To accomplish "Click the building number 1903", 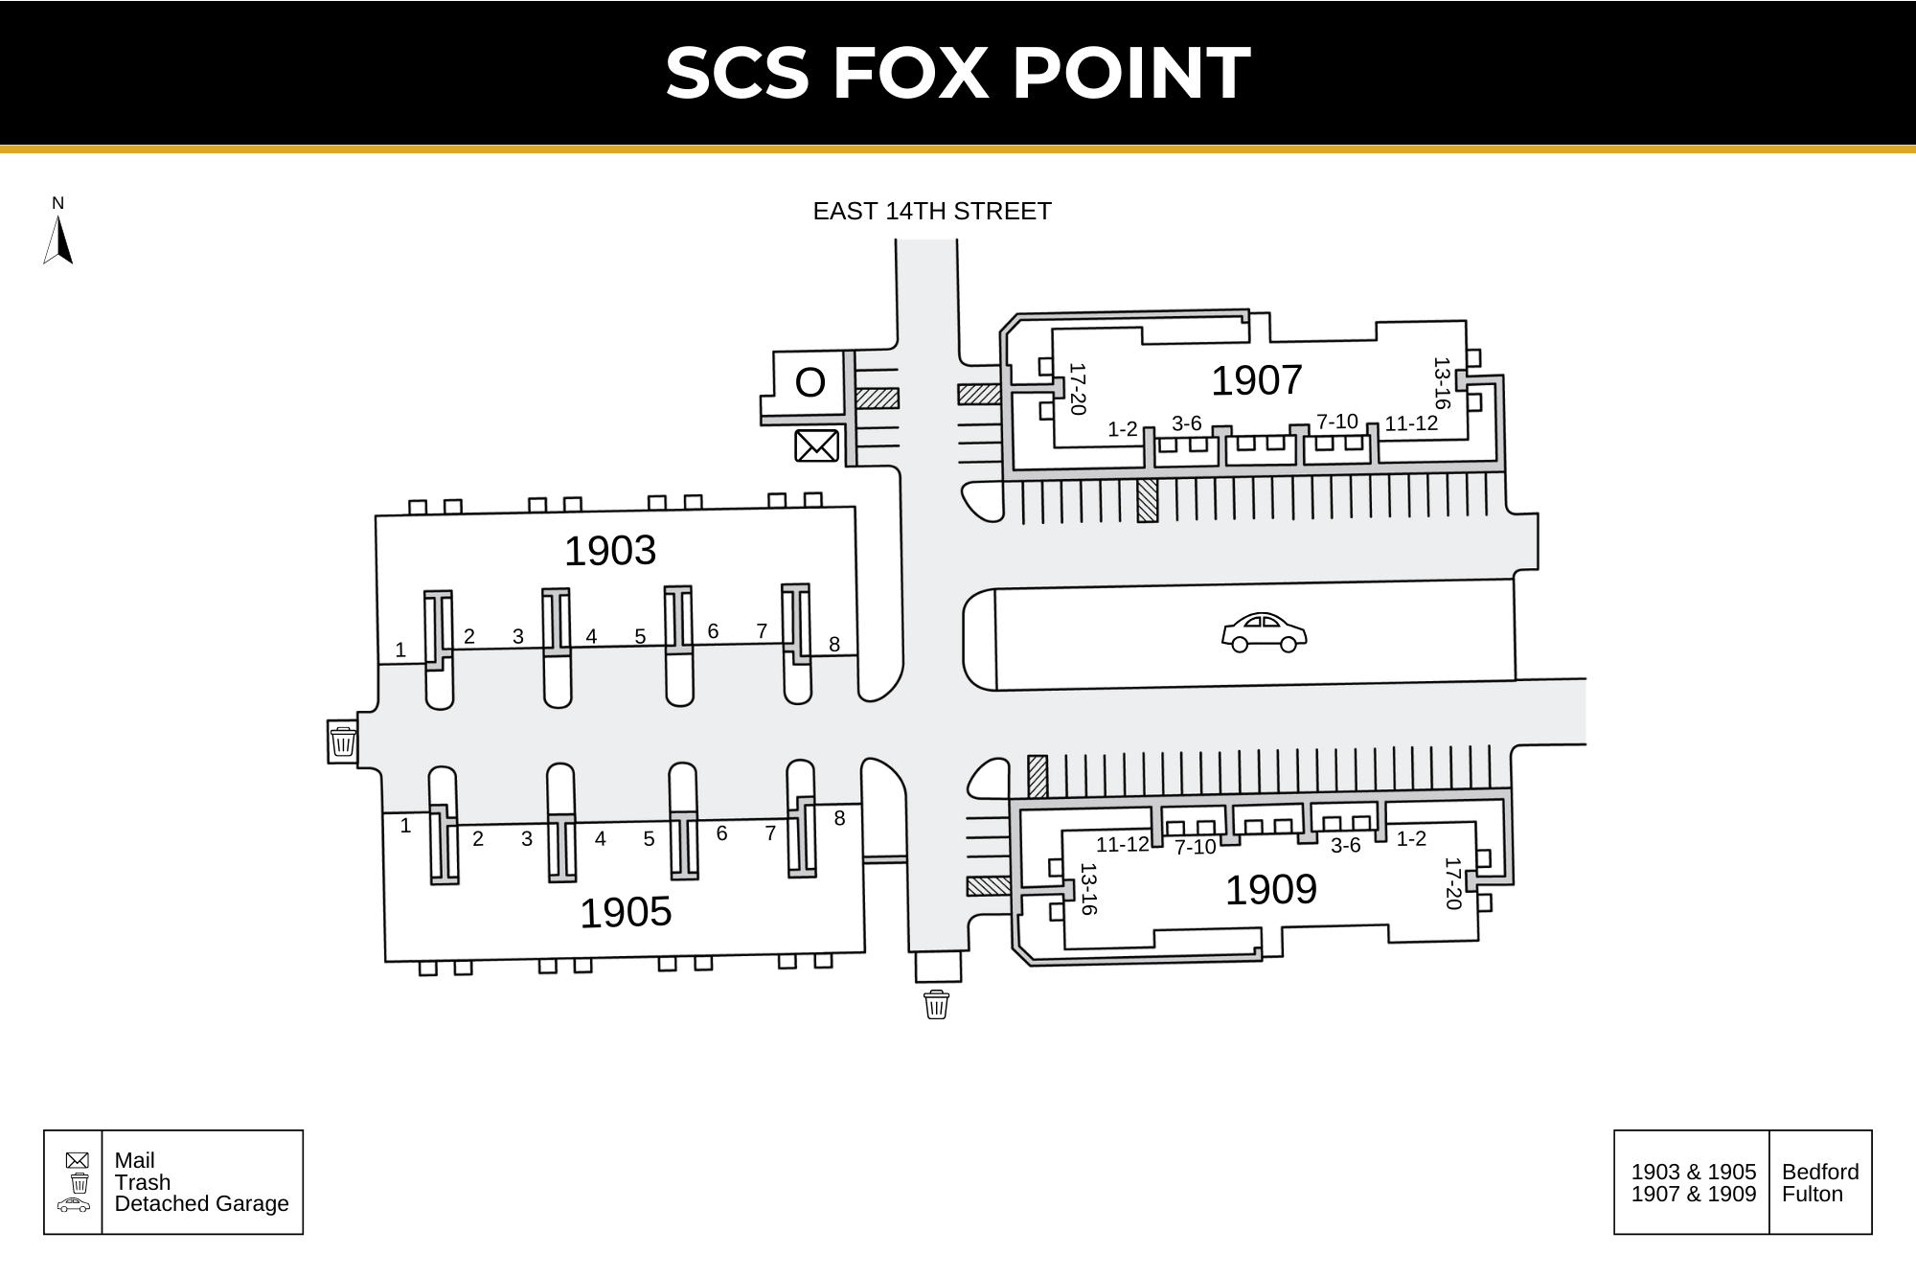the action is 610,551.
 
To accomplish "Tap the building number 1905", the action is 626,912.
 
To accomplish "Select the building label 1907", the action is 1257,380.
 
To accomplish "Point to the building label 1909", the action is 1271,890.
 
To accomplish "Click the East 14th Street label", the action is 932,211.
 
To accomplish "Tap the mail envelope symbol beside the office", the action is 817,445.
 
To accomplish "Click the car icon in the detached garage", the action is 1265,632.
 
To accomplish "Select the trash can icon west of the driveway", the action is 343,741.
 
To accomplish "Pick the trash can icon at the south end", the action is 936,1005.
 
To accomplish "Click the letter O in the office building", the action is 810,383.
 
